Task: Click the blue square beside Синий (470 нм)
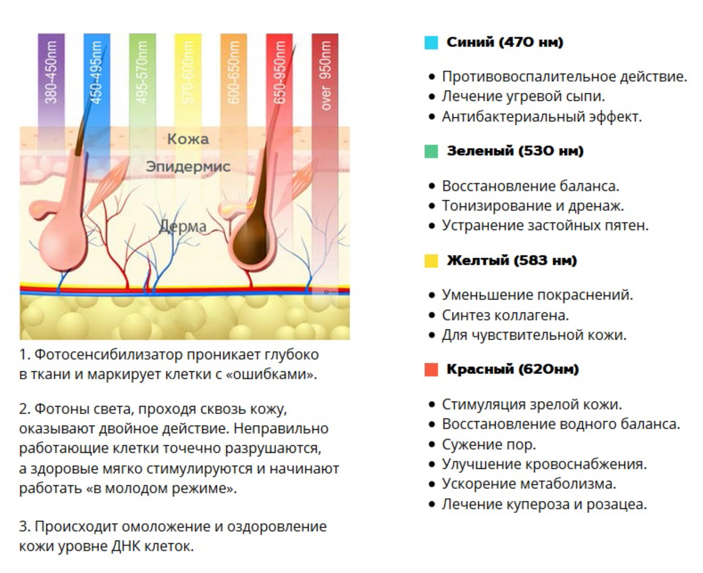tap(431, 43)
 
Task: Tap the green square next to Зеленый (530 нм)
tap(431, 151)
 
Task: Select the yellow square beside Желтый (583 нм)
tap(431, 261)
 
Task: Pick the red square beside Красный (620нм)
tap(431, 369)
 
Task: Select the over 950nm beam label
tap(325, 75)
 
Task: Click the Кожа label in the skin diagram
tap(188, 139)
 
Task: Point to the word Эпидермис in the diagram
tap(188, 167)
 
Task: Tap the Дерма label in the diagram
tap(183, 227)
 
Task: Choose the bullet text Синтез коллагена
tap(505, 315)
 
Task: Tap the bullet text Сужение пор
tap(489, 444)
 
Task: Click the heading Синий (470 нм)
tap(505, 42)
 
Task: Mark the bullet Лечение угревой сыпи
tap(523, 96)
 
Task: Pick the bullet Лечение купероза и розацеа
tap(544, 504)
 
